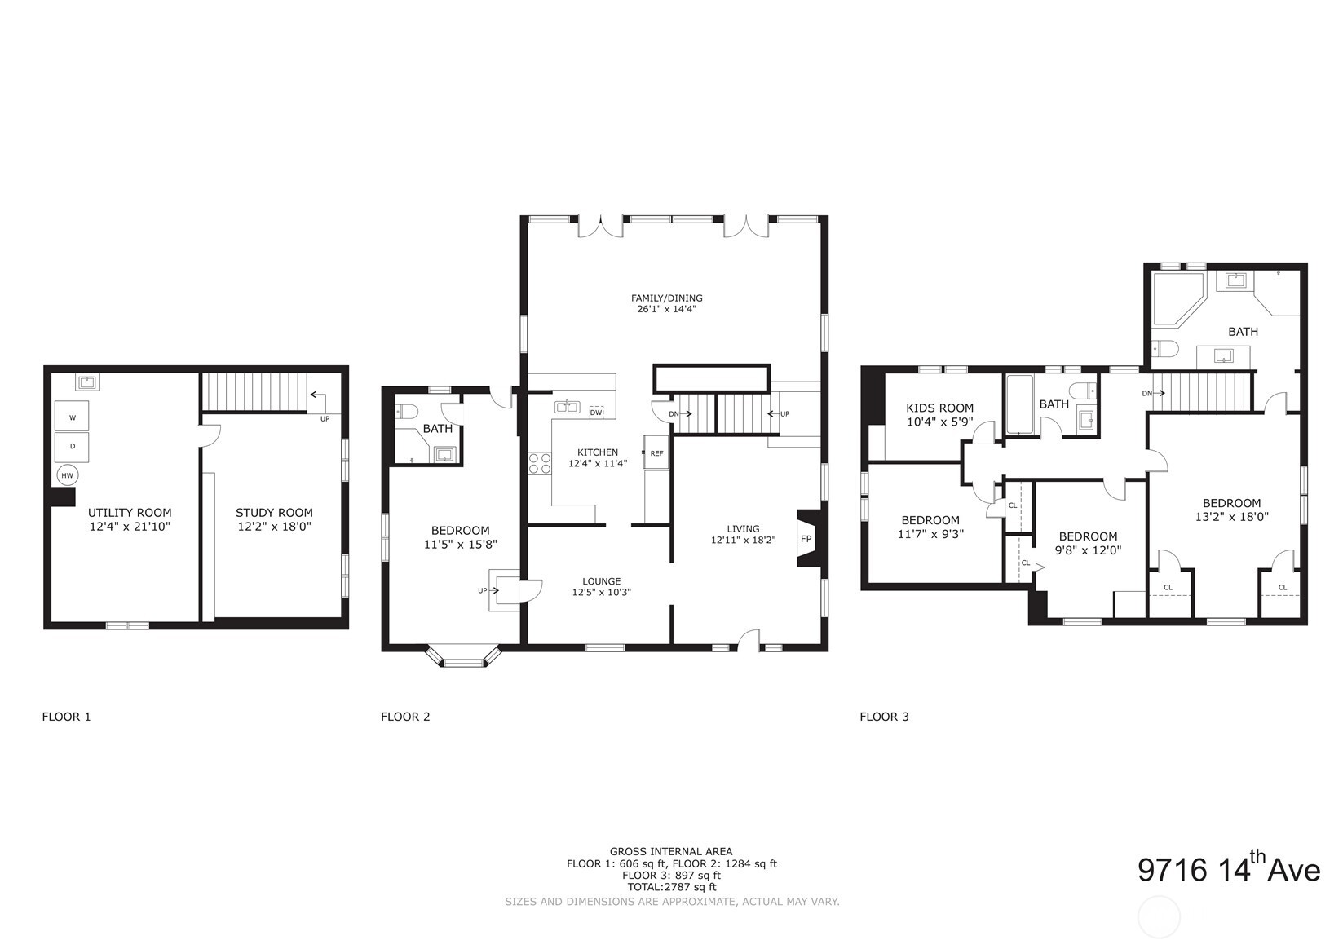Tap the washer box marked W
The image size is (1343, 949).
click(x=72, y=417)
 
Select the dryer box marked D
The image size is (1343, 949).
click(x=72, y=447)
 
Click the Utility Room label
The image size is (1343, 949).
click(x=130, y=513)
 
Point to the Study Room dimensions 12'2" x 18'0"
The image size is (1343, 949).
click(x=274, y=527)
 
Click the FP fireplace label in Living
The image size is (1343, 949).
click(x=806, y=539)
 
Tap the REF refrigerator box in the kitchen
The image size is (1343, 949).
click(x=656, y=452)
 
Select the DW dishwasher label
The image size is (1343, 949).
click(x=596, y=413)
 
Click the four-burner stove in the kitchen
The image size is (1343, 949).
click(x=539, y=464)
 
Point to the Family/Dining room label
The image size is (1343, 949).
click(x=666, y=298)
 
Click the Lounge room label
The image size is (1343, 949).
click(x=602, y=581)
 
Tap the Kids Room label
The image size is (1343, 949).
click(x=939, y=408)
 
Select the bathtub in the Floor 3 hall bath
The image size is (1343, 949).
click(x=1019, y=405)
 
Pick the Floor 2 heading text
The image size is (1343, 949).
click(x=405, y=717)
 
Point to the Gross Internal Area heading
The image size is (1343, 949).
click(x=671, y=851)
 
